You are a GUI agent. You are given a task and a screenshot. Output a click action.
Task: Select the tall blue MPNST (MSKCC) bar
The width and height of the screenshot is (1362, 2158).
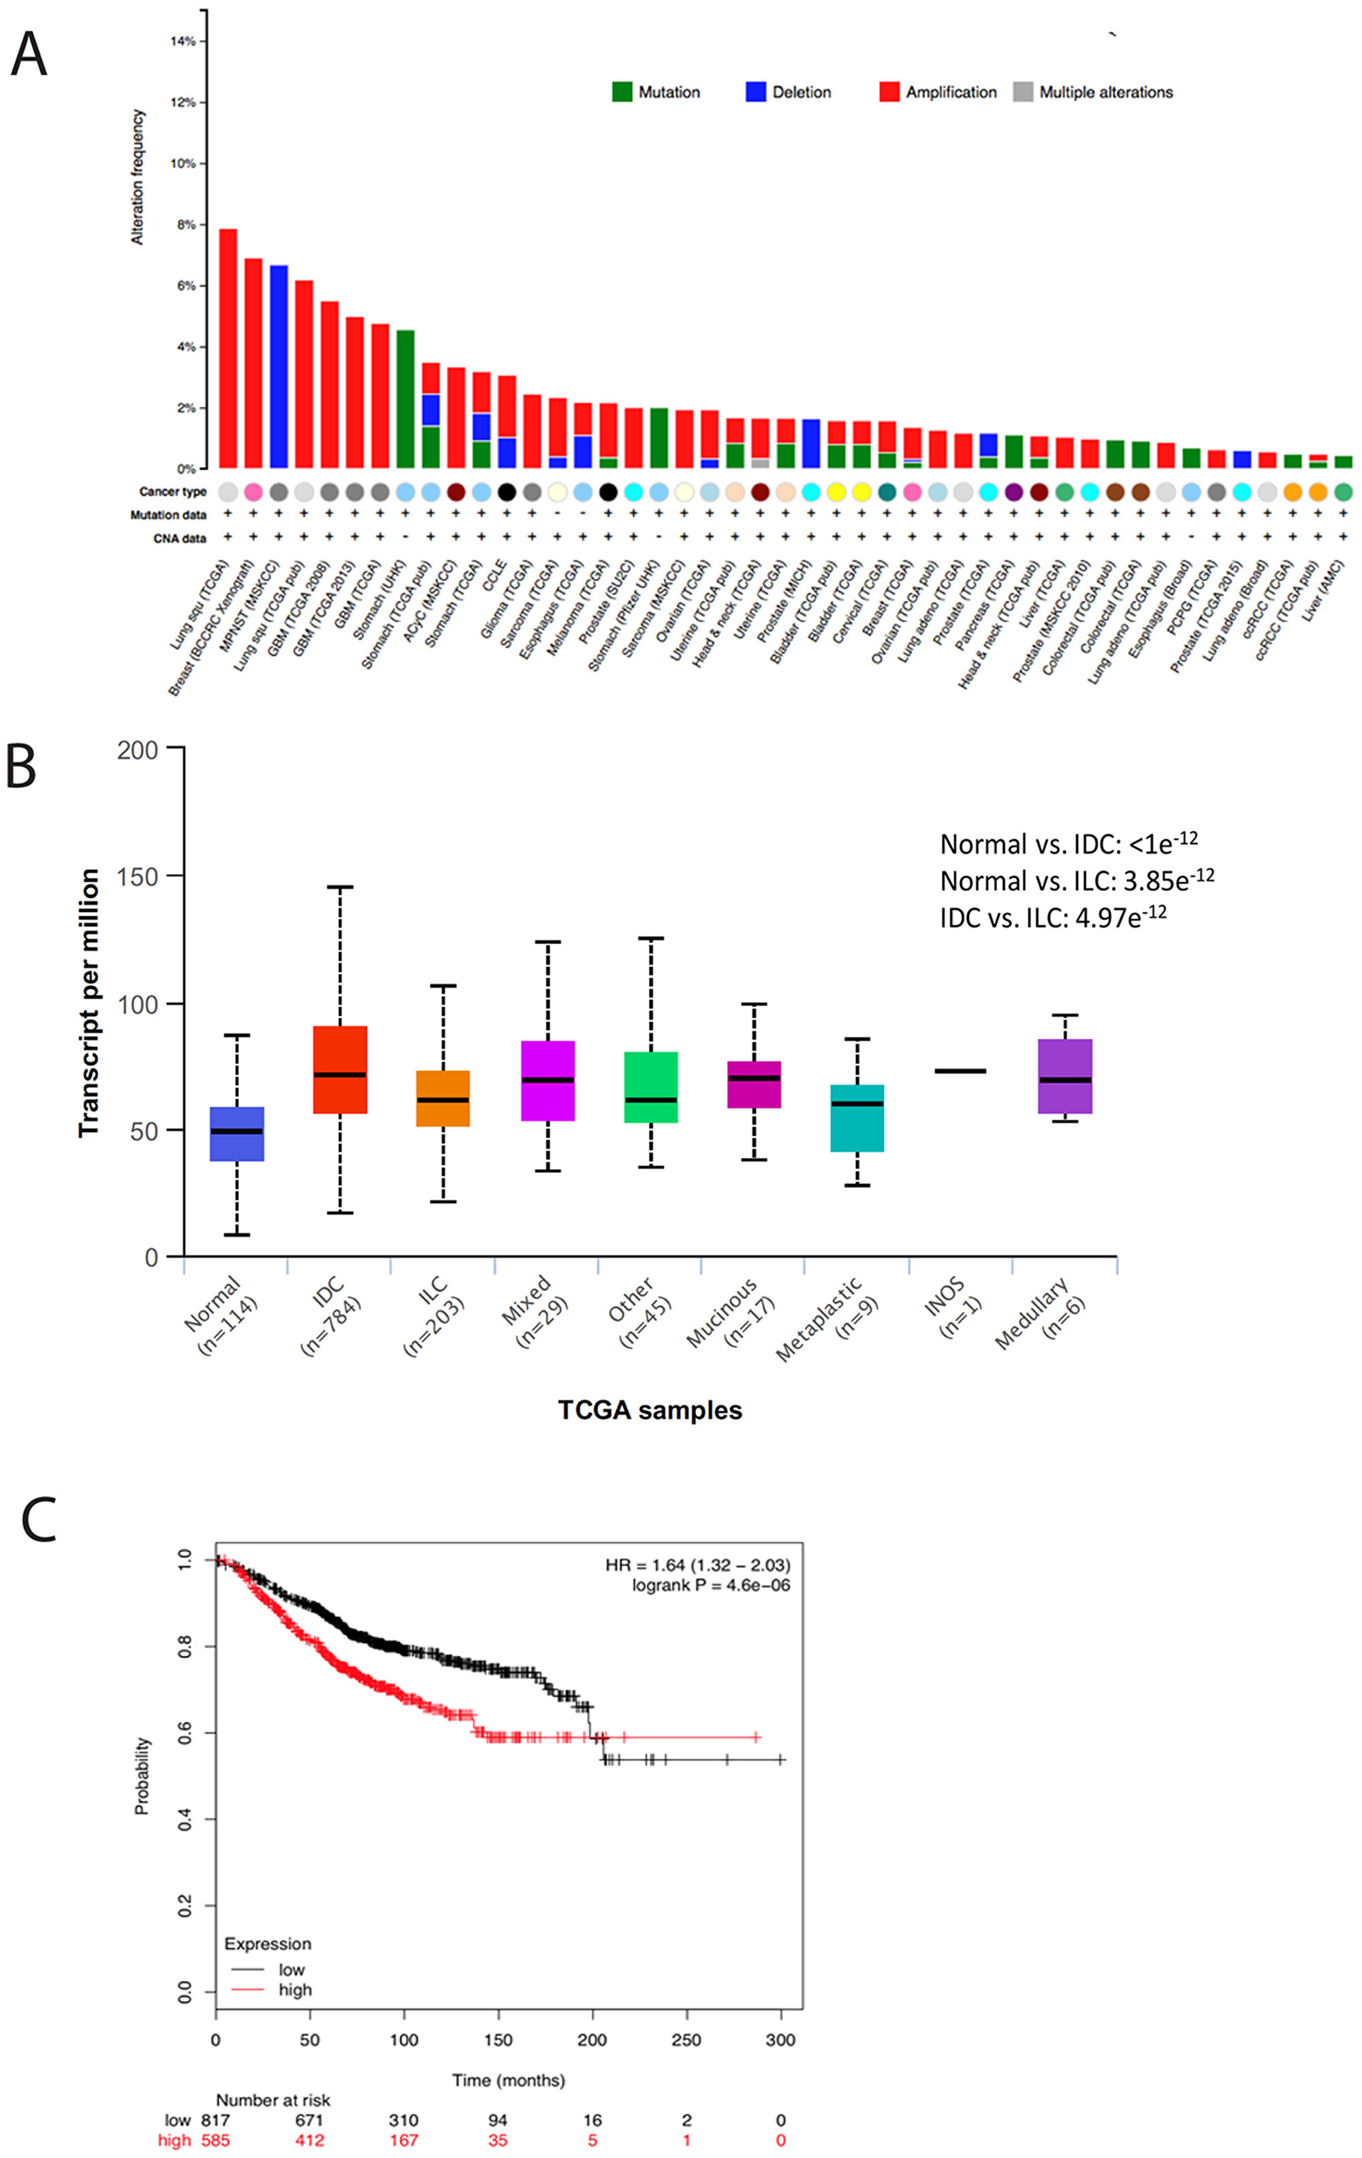coord(279,367)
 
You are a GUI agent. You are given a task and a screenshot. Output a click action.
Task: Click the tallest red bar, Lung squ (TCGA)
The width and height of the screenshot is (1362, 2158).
coord(227,349)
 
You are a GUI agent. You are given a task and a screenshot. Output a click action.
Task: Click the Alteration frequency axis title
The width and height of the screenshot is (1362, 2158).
coord(137,176)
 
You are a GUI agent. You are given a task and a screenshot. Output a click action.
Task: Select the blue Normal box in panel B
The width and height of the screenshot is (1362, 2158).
coord(236,1133)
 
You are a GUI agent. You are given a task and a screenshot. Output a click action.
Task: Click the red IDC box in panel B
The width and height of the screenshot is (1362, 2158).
coord(340,1069)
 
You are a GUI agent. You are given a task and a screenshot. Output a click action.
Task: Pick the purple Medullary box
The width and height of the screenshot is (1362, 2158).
coord(1064,1076)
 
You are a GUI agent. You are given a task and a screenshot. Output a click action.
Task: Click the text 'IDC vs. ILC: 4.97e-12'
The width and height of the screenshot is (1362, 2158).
coord(1053,917)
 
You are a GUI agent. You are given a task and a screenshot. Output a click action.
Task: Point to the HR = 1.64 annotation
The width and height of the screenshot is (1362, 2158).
coord(697,1565)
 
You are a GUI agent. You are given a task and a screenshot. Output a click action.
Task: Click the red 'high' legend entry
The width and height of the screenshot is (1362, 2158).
coord(294,1990)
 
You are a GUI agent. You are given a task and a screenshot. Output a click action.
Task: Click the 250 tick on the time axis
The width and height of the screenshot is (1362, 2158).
coord(686,2039)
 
